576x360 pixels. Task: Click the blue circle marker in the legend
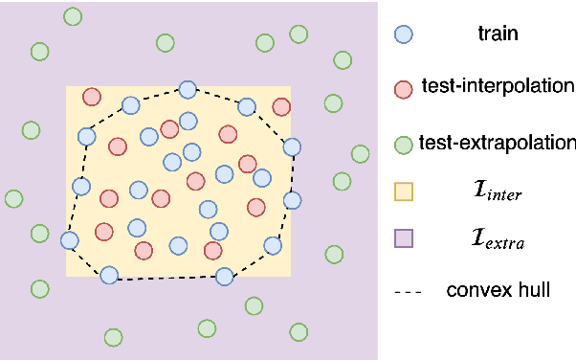[404, 34]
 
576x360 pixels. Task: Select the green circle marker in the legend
[404, 144]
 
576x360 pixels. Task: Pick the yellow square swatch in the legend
[404, 192]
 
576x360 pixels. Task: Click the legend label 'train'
[498, 34]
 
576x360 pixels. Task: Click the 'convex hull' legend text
[498, 288]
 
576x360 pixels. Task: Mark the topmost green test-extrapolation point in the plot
[72, 16]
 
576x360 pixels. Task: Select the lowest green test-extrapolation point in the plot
[113, 337]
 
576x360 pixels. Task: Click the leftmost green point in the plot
[13, 199]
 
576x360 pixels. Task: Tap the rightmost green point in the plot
[360, 153]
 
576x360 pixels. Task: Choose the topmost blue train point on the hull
[188, 89]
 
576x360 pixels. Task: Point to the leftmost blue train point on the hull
[69, 240]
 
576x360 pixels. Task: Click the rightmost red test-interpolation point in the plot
[281, 107]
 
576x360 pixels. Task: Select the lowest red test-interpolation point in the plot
[144, 251]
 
